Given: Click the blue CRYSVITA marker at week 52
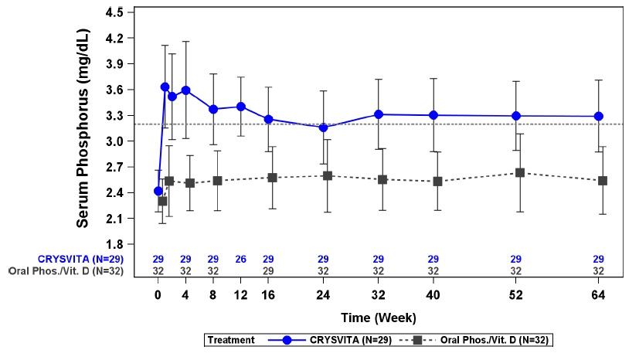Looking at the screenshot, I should point(515,116).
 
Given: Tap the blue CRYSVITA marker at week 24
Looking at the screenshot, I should point(324,127).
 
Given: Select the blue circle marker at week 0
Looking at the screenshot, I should point(158,191).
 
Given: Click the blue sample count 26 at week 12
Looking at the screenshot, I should point(241,259).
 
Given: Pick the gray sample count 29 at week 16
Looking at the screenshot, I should point(268,271).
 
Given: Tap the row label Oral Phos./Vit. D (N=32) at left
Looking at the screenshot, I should point(68,271).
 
